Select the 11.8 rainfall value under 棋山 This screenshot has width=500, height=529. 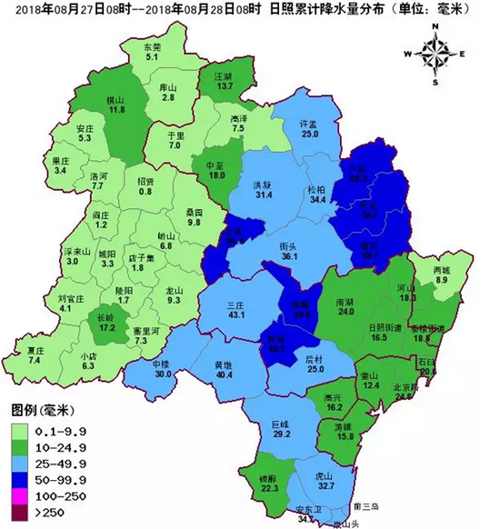[x=115, y=109]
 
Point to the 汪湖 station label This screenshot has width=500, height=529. [x=211, y=75]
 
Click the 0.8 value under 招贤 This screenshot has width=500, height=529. [x=145, y=191]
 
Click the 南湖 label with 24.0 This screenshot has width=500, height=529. [x=345, y=301]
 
